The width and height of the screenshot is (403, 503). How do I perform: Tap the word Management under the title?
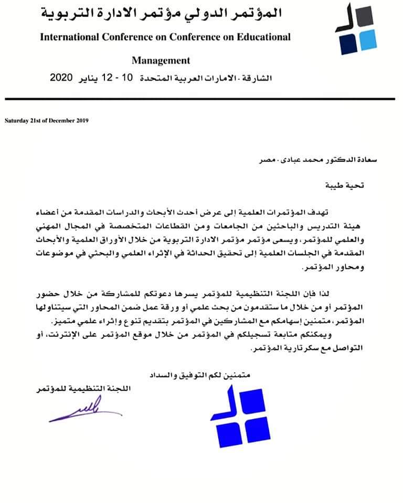tap(161, 60)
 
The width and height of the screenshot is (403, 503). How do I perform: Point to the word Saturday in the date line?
tap(16, 121)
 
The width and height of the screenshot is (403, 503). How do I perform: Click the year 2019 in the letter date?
tap(83, 121)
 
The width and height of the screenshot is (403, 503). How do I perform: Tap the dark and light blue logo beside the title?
tap(356, 29)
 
